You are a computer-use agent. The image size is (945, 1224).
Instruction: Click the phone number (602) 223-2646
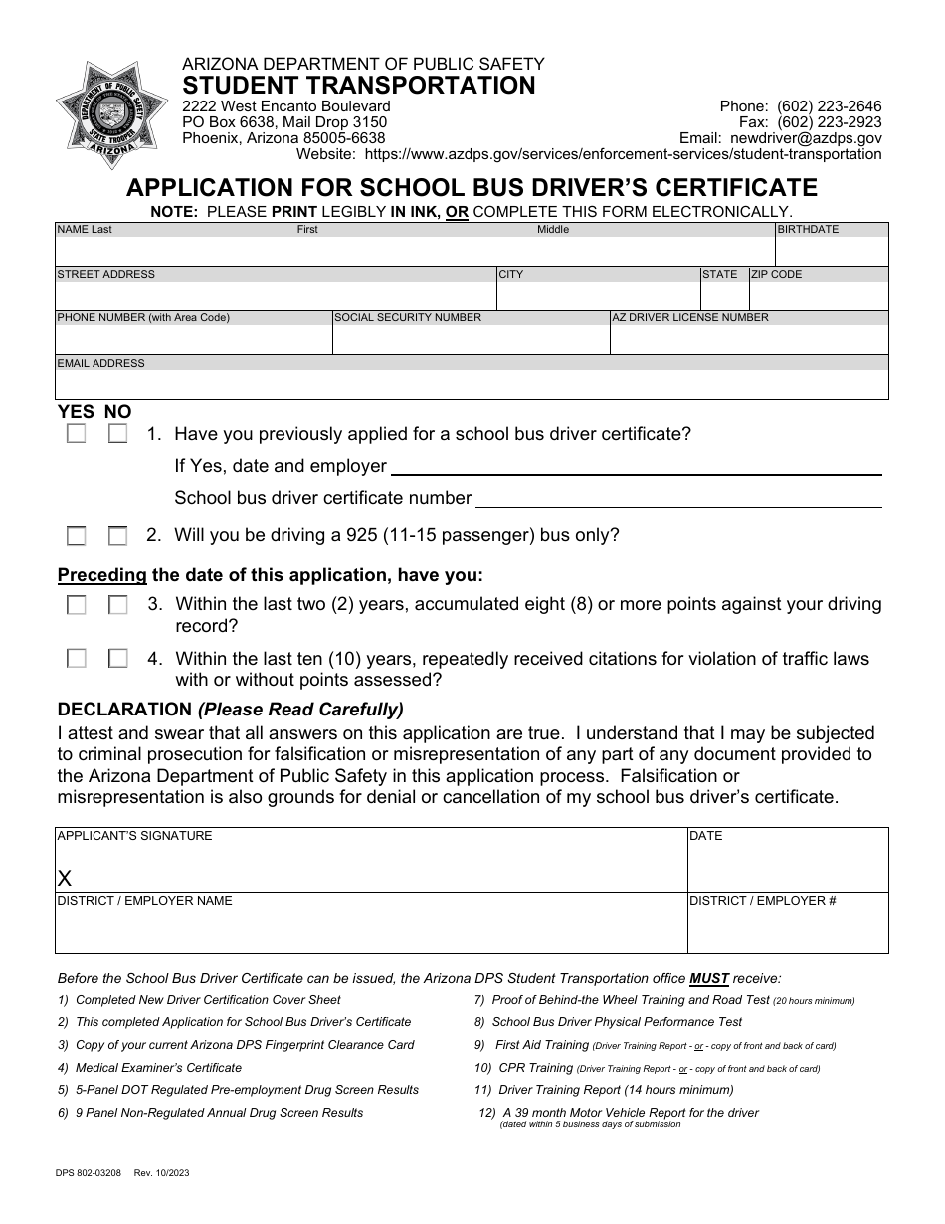coord(829,106)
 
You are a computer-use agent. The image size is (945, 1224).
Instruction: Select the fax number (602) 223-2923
coord(829,122)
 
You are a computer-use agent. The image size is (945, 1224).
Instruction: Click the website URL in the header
coord(623,154)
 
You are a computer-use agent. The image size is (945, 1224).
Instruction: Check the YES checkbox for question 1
coord(77,434)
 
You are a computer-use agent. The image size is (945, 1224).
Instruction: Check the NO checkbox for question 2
coord(118,536)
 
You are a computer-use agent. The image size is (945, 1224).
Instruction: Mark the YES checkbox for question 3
coord(77,605)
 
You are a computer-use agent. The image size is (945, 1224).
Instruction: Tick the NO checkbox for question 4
coord(118,658)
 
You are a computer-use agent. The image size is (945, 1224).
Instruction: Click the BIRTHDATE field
coord(832,251)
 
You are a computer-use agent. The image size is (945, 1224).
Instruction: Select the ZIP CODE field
coord(819,296)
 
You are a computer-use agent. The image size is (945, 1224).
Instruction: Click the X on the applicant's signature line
coord(66,878)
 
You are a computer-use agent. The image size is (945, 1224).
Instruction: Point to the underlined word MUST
coord(709,978)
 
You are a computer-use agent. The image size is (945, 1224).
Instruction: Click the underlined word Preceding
coord(102,575)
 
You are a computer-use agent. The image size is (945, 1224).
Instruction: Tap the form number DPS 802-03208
coord(90,1173)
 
